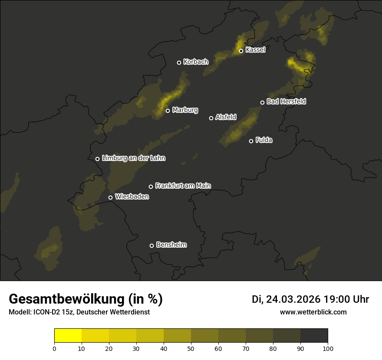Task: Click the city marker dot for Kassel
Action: click(241, 51)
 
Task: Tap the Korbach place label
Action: click(196, 62)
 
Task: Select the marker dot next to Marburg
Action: click(168, 111)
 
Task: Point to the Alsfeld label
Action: click(226, 117)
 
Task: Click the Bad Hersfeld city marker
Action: click(262, 102)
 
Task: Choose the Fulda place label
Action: click(264, 141)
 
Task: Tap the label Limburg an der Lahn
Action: click(134, 158)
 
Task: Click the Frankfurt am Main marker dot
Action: click(151, 187)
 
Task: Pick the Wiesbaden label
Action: click(132, 197)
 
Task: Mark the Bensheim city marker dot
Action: click(151, 245)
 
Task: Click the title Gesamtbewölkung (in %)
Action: click(86, 299)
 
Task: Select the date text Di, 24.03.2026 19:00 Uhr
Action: click(310, 299)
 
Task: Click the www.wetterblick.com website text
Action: click(313, 312)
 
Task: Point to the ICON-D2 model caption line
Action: click(79, 312)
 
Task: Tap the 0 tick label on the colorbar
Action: click(54, 348)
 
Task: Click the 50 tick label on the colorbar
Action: click(191, 348)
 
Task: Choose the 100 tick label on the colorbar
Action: click(328, 348)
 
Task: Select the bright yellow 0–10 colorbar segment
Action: click(68, 336)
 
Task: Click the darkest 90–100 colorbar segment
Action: click(314, 336)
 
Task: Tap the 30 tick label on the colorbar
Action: click(136, 348)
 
